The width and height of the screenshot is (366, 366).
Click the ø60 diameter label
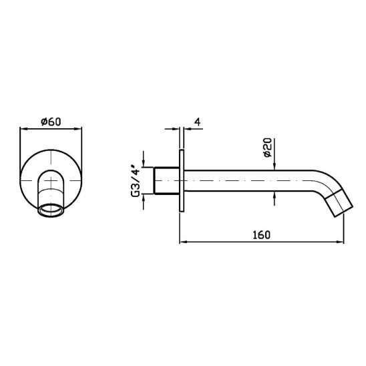51,122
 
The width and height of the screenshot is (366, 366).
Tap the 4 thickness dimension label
198,122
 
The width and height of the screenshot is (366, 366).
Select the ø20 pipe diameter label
268,148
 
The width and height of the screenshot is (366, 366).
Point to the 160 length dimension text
261,235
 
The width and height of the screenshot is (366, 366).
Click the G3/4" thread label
136,181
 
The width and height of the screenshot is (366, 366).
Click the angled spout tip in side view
340,204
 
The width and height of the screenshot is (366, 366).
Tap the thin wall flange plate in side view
182,181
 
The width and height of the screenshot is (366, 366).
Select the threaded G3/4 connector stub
166,181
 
